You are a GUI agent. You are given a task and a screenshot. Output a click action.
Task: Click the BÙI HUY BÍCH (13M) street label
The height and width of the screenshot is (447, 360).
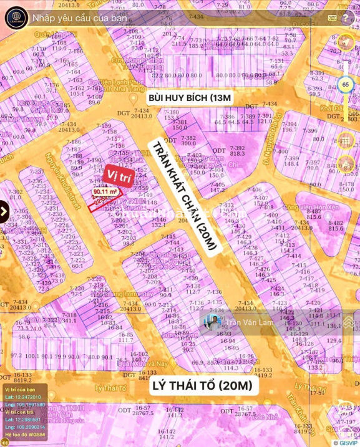click(189, 98)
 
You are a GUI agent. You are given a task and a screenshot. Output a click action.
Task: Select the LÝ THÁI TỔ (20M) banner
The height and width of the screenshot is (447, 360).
click(203, 387)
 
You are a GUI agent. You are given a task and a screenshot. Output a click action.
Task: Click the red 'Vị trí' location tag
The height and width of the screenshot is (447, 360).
click(119, 173)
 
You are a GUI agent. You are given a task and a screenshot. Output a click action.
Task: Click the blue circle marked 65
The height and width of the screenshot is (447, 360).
click(345, 84)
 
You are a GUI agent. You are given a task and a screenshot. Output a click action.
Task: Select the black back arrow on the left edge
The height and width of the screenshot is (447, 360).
click(3, 212)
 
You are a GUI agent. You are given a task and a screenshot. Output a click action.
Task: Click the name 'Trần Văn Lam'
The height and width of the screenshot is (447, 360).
click(248, 322)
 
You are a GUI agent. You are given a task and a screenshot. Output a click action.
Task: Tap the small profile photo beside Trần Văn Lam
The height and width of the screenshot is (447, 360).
click(213, 322)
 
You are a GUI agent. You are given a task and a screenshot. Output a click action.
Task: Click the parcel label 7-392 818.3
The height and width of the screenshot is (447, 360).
click(238, 150)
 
